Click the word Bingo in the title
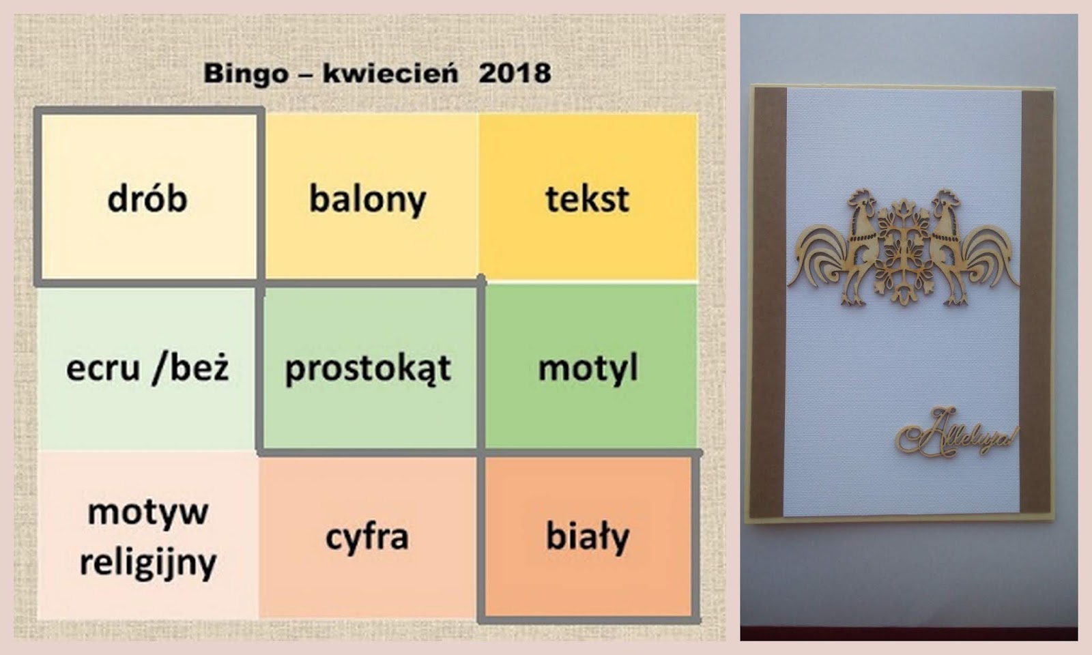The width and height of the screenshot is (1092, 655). (246, 74)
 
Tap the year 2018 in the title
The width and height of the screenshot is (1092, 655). (515, 73)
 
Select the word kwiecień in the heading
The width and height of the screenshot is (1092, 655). (390, 73)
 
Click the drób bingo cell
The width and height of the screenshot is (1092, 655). (148, 197)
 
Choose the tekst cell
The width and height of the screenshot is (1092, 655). (588, 197)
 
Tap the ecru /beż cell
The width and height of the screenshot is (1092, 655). (147, 368)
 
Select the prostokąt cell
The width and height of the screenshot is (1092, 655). (369, 368)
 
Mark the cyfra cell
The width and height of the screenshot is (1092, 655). (368, 537)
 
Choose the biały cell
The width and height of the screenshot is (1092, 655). (588, 537)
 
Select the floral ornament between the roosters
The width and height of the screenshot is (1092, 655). (904, 251)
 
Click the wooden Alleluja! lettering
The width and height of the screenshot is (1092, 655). (956, 433)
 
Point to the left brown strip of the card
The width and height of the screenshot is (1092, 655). (768, 302)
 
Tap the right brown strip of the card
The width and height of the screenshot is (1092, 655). (1037, 302)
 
